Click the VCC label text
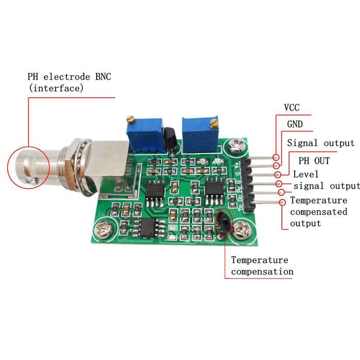point(292,107)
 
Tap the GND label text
point(295,124)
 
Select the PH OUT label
point(314,160)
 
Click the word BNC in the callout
point(103,77)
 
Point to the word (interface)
point(56,88)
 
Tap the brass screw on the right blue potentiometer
point(214,122)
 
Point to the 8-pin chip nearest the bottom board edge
point(148,227)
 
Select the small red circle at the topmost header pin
point(276,157)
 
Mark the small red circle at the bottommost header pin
point(283,202)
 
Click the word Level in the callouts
point(306,174)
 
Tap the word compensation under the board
point(262,272)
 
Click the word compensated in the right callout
point(319,212)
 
